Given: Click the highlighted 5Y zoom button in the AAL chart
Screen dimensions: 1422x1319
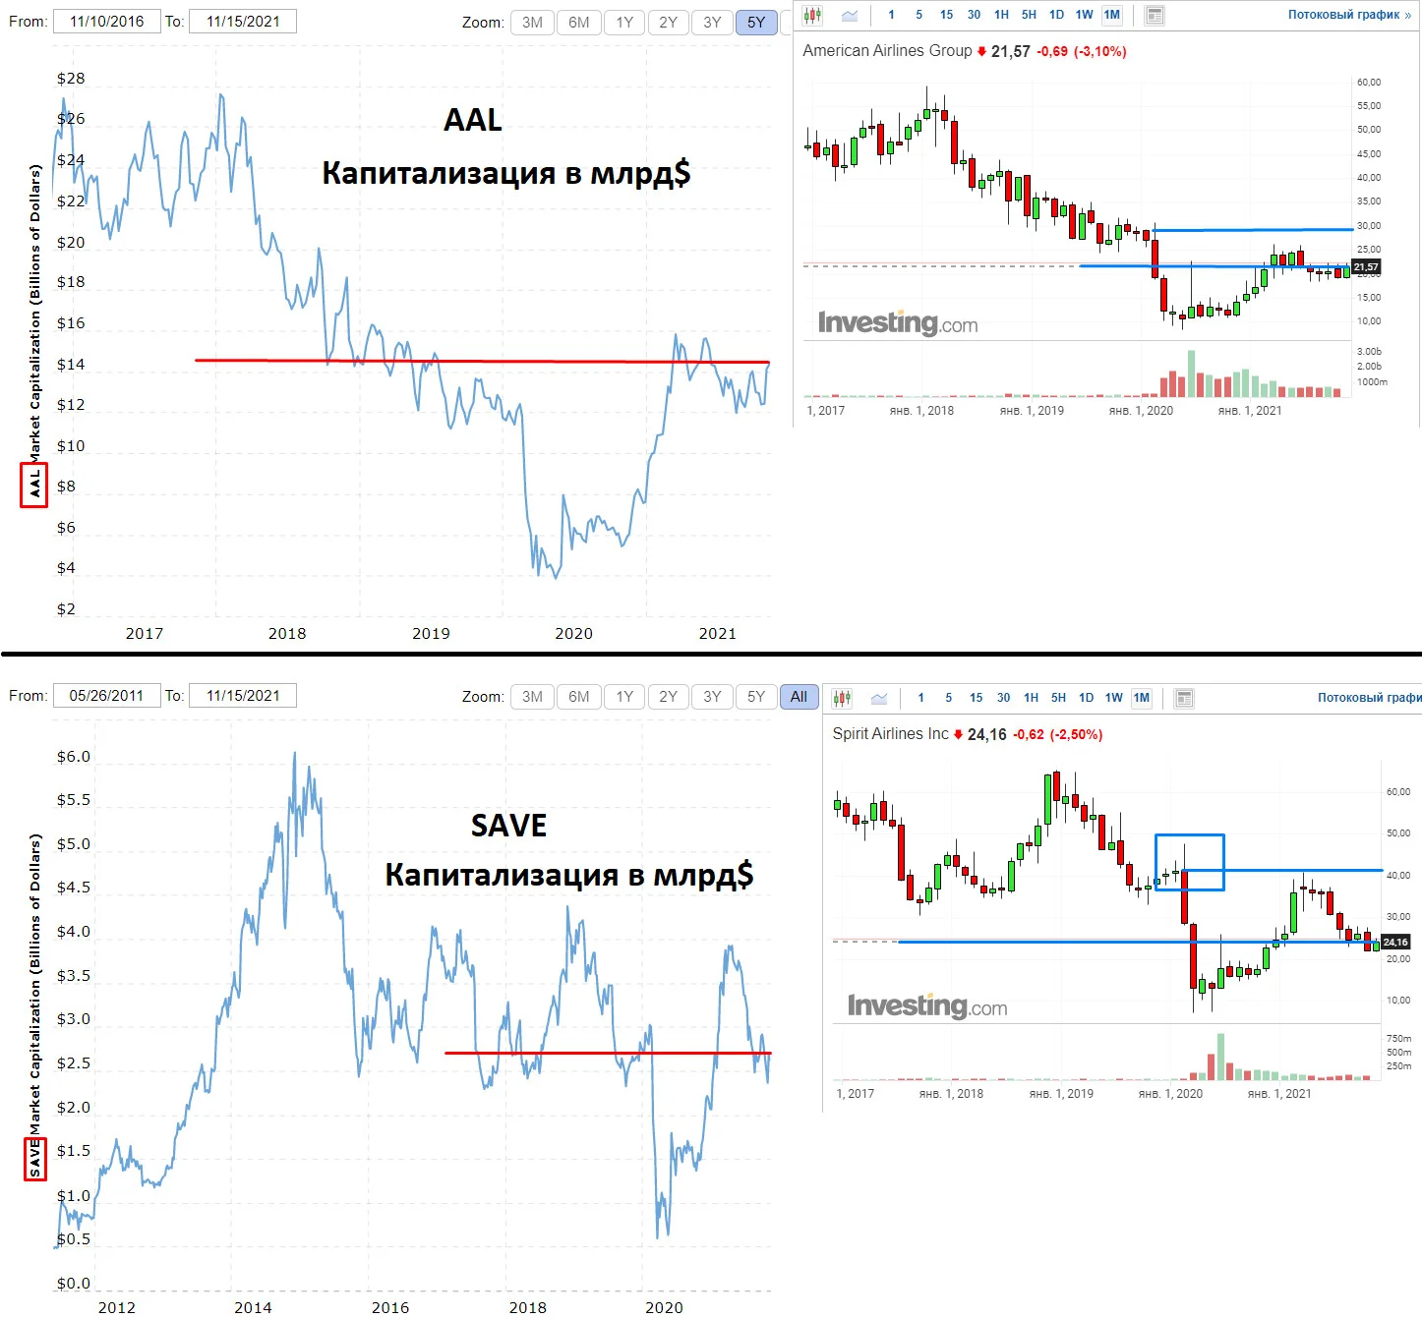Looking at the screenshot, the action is pyautogui.click(x=755, y=23).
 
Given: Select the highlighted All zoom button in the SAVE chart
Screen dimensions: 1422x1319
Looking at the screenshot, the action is pyautogui.click(x=799, y=697).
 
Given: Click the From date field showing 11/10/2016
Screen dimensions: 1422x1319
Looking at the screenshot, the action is pyautogui.click(x=106, y=22).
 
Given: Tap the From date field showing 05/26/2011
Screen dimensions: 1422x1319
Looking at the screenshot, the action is pyautogui.click(x=106, y=696).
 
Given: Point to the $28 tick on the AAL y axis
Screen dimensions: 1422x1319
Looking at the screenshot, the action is pyautogui.click(x=71, y=79).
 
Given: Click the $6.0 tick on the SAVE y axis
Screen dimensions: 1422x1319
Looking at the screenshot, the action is pyautogui.click(x=74, y=757).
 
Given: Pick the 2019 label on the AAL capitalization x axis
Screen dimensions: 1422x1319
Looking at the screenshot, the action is pyautogui.click(x=431, y=633).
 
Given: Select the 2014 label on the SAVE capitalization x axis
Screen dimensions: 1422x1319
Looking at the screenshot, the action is pyautogui.click(x=254, y=1307).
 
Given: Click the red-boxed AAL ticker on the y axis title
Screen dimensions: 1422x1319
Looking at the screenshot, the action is pyautogui.click(x=33, y=486).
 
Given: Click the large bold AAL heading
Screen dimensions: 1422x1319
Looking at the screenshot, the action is pyautogui.click(x=473, y=120).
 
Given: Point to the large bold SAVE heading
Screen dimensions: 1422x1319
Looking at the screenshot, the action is pyautogui.click(x=508, y=826).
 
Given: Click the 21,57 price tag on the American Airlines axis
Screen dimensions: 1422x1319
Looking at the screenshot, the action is pyautogui.click(x=1365, y=267).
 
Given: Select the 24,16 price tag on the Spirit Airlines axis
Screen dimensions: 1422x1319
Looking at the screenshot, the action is pyautogui.click(x=1394, y=942).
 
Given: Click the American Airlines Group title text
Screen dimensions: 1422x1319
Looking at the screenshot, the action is pyautogui.click(x=887, y=51).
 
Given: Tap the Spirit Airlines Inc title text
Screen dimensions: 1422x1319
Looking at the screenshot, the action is pyautogui.click(x=890, y=733).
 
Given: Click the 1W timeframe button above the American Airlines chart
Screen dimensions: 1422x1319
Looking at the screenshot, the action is pyautogui.click(x=1084, y=15).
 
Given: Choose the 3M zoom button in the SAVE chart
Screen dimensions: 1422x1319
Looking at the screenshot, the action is pyautogui.click(x=532, y=697).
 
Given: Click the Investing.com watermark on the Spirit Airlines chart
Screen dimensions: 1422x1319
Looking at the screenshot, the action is pyautogui.click(x=927, y=1005).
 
